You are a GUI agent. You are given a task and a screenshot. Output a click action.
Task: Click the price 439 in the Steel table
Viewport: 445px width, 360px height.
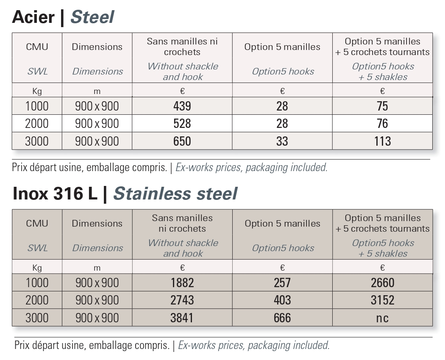click(x=182, y=106)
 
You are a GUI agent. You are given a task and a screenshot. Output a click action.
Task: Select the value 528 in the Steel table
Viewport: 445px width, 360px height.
click(x=182, y=124)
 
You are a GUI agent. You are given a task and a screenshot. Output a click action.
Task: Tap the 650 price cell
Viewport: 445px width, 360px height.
click(x=182, y=141)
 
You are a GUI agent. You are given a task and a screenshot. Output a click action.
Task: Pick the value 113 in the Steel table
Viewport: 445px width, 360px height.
click(x=383, y=141)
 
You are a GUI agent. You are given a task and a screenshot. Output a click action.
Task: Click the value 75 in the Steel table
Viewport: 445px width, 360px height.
click(x=383, y=106)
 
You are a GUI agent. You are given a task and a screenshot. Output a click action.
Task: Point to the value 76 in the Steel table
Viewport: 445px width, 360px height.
click(x=383, y=124)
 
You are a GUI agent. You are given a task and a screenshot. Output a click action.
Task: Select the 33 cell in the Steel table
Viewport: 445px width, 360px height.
click(x=282, y=141)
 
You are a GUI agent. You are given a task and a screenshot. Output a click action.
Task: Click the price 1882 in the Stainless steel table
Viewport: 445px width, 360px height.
click(x=182, y=283)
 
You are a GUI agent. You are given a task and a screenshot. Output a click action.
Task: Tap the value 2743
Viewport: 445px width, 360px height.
click(x=182, y=300)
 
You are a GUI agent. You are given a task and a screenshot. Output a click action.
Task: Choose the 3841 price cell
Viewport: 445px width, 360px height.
click(x=182, y=318)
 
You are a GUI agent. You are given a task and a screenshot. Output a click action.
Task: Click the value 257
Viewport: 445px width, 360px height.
click(x=282, y=283)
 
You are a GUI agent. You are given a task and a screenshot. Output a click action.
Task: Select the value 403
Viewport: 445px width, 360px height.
click(x=282, y=300)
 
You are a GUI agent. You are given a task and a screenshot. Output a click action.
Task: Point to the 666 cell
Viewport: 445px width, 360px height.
click(x=282, y=318)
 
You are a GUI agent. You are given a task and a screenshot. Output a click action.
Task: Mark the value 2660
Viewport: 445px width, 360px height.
click(x=383, y=283)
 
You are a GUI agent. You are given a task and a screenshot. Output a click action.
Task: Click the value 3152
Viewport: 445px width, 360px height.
click(x=383, y=300)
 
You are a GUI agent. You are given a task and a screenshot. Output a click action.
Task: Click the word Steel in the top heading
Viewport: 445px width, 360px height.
click(x=92, y=17)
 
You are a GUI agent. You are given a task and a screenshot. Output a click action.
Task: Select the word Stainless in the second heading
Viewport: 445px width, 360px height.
click(x=152, y=194)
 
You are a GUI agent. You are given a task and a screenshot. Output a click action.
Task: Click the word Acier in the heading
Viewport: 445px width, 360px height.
click(x=33, y=17)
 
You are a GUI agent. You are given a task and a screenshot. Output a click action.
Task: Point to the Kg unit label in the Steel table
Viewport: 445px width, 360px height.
click(x=37, y=91)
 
